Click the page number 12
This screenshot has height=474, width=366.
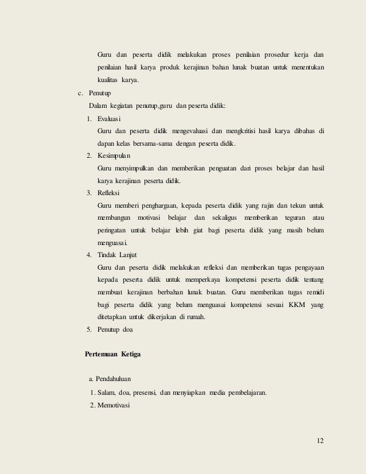coord(320,440)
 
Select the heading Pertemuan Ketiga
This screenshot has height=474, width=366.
coord(112,354)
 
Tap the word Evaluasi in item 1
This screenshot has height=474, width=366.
coord(110,119)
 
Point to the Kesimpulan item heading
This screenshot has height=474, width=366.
coord(115,156)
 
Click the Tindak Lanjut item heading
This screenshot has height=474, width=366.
coord(117,254)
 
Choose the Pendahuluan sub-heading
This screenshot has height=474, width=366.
coord(115,380)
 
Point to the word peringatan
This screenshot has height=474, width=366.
coord(111,231)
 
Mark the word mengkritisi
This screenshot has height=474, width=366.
coord(244,131)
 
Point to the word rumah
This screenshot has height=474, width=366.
coord(195,317)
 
